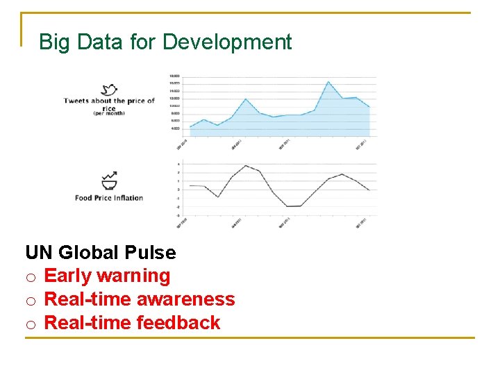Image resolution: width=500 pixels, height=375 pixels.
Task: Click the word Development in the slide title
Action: coord(227,42)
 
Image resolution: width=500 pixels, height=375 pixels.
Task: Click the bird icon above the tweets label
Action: coord(109,90)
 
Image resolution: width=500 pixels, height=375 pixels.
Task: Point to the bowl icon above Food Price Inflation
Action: coord(109,181)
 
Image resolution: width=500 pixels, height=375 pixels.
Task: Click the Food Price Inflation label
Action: coord(109,198)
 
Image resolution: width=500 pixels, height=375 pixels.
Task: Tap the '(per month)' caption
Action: coord(109,113)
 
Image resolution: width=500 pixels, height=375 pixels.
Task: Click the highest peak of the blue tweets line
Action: coord(328,82)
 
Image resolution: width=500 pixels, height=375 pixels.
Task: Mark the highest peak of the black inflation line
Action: coord(246,165)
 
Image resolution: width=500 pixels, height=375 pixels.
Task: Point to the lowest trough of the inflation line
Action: coord(287,206)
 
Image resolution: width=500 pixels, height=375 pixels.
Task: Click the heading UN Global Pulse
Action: coord(101,252)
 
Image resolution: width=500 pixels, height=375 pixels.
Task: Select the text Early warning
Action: coord(107,276)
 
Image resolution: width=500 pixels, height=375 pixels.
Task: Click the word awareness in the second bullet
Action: coord(185,299)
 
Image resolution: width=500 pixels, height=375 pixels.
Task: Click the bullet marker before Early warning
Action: coord(31,277)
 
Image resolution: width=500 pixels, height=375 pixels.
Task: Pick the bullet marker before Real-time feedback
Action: coord(31,324)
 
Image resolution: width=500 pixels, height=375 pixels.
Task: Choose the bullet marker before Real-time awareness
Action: coord(31,301)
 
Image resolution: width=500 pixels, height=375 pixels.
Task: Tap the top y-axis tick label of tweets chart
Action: coord(174,76)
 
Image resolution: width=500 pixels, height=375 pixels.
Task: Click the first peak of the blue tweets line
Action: coord(204,119)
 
